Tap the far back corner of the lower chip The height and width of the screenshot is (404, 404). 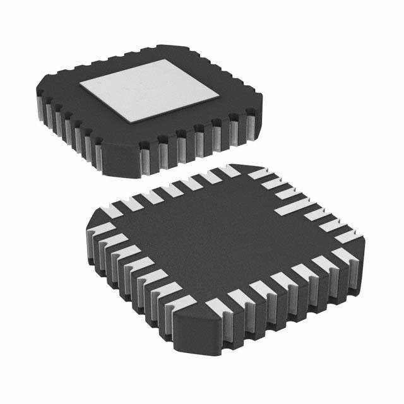click(234, 166)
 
